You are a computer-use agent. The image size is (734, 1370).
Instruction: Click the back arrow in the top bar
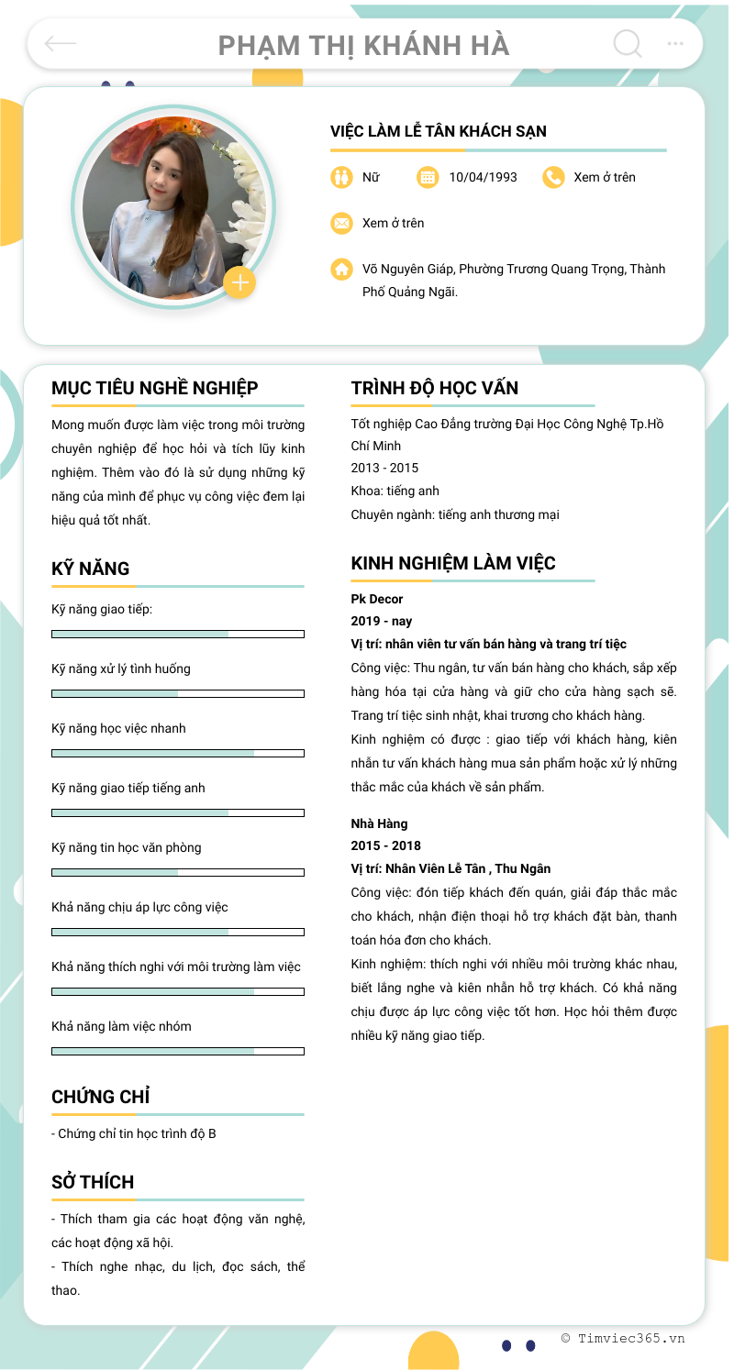[61, 43]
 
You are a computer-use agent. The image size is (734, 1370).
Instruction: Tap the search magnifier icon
[628, 43]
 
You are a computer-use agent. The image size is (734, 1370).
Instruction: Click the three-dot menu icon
[675, 43]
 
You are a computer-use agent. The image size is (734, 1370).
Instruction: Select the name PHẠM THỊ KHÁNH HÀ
[363, 45]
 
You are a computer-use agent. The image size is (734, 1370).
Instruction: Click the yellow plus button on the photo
[239, 282]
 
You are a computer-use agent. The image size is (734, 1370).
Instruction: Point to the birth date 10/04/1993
[483, 177]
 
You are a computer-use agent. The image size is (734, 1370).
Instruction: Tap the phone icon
[553, 177]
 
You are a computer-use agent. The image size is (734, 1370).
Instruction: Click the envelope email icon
[341, 223]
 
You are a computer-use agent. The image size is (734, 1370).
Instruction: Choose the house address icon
[341, 270]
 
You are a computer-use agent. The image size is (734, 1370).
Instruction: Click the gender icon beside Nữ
[341, 177]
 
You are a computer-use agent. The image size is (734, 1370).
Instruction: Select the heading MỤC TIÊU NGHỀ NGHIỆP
[154, 388]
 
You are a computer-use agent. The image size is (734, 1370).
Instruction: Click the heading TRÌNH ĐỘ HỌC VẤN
[434, 388]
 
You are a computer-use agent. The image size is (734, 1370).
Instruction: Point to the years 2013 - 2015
[384, 468]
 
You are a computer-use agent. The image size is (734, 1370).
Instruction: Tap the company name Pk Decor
[377, 599]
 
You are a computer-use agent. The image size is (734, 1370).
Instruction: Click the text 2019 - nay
[382, 621]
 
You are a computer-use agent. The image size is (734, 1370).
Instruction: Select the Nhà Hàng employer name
[379, 823]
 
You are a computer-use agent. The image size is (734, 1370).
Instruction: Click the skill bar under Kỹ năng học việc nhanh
[178, 753]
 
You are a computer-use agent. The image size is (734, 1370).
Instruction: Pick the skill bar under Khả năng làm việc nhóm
[178, 1051]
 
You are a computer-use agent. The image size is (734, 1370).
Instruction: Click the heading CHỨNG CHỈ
[100, 1097]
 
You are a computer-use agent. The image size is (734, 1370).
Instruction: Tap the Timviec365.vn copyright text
[624, 1338]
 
